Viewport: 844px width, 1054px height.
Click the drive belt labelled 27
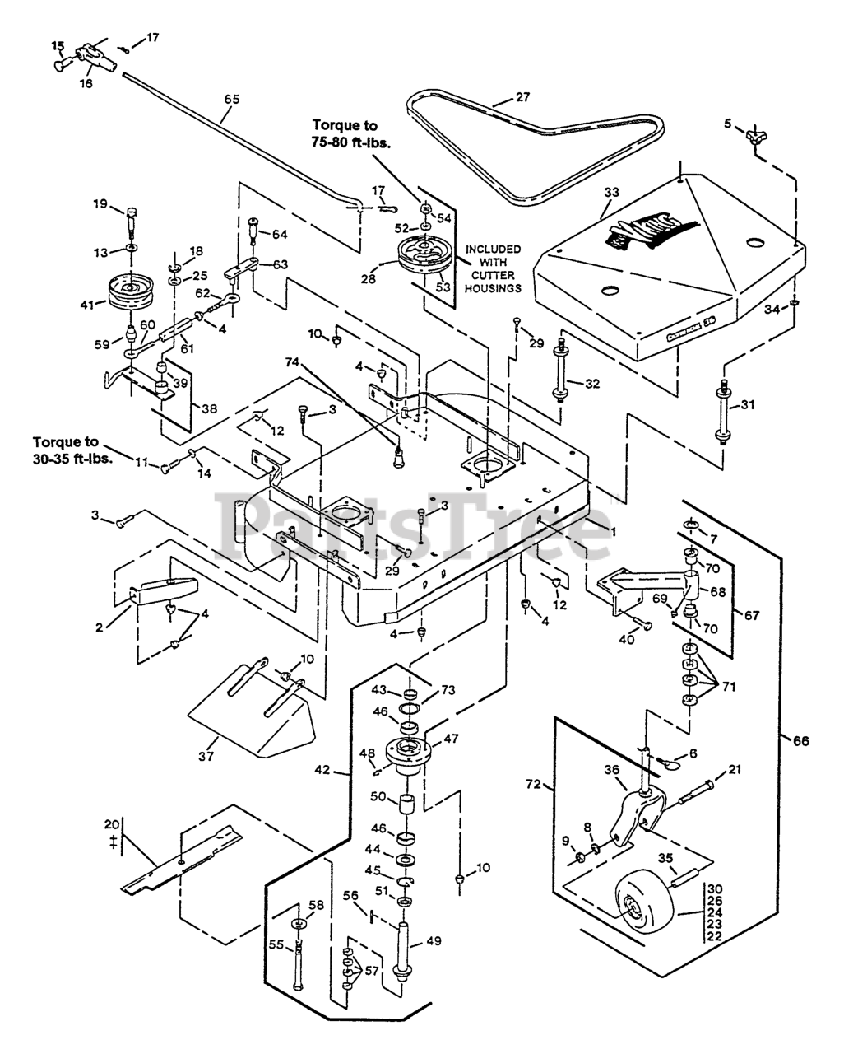(461, 115)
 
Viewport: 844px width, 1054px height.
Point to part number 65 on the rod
(232, 99)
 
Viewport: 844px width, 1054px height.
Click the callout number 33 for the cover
(610, 192)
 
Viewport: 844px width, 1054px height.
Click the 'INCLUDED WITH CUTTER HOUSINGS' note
(493, 268)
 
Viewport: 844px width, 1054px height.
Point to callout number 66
(801, 741)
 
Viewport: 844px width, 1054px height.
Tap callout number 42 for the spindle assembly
(322, 771)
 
